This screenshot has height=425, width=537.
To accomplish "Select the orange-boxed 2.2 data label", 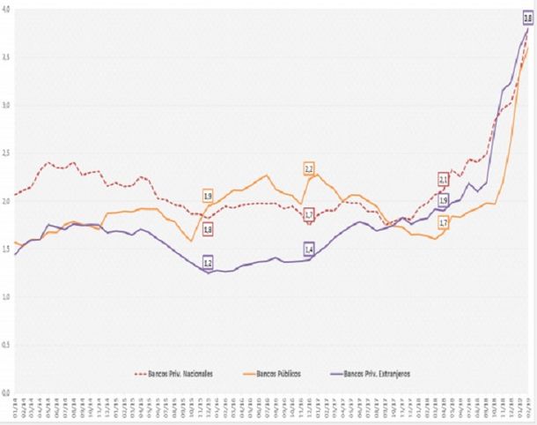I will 309,168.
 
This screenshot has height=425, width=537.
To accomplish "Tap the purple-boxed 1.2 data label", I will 208,263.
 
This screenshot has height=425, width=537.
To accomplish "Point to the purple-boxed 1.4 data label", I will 309,250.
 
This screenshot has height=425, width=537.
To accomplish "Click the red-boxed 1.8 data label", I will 208,229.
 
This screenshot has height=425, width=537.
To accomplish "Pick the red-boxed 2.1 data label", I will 444,180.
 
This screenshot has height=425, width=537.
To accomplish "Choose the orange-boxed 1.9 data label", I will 208,196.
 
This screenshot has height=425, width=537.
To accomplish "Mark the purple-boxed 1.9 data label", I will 444,200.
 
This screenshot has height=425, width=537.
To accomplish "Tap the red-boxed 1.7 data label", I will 309,214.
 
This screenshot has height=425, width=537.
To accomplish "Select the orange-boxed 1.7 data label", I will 444,223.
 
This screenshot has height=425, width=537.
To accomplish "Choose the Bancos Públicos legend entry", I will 282,373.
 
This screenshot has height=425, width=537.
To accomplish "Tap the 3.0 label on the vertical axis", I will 6,105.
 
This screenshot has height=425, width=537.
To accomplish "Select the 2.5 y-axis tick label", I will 6,153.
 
